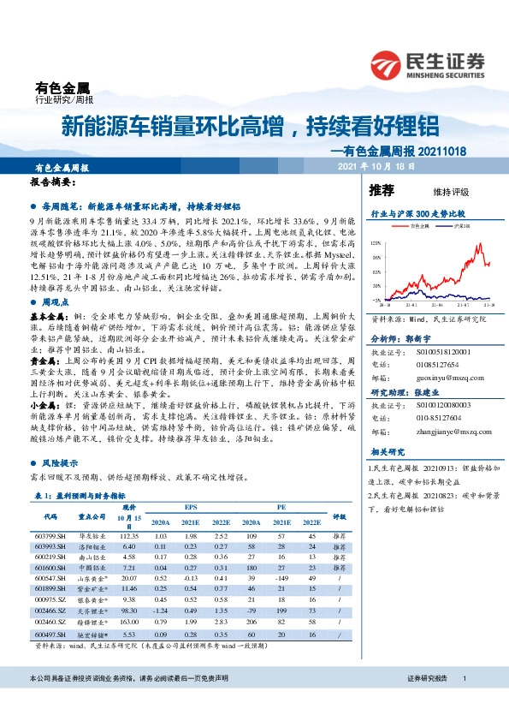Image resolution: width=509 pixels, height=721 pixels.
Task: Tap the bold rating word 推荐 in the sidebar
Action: point(382,189)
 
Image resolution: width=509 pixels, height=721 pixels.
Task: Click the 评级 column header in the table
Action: point(338,516)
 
